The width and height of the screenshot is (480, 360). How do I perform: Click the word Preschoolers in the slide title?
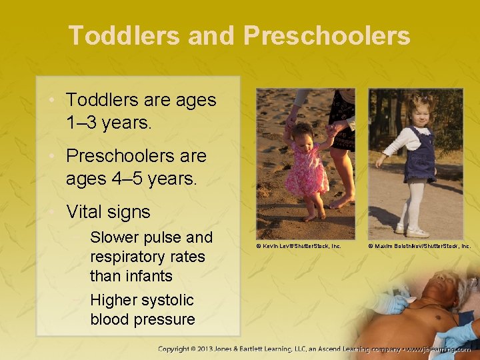(327, 35)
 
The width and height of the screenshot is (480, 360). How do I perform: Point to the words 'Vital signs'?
(108, 212)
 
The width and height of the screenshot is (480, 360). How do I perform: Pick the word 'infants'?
(148, 276)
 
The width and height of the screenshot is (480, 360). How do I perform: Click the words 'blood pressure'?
(143, 319)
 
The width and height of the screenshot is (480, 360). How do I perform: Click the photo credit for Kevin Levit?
(299, 246)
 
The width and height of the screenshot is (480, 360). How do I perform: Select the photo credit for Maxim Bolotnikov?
(419, 246)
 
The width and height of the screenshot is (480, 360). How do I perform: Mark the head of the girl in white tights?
(421, 109)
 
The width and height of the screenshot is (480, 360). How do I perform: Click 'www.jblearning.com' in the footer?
(440, 349)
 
